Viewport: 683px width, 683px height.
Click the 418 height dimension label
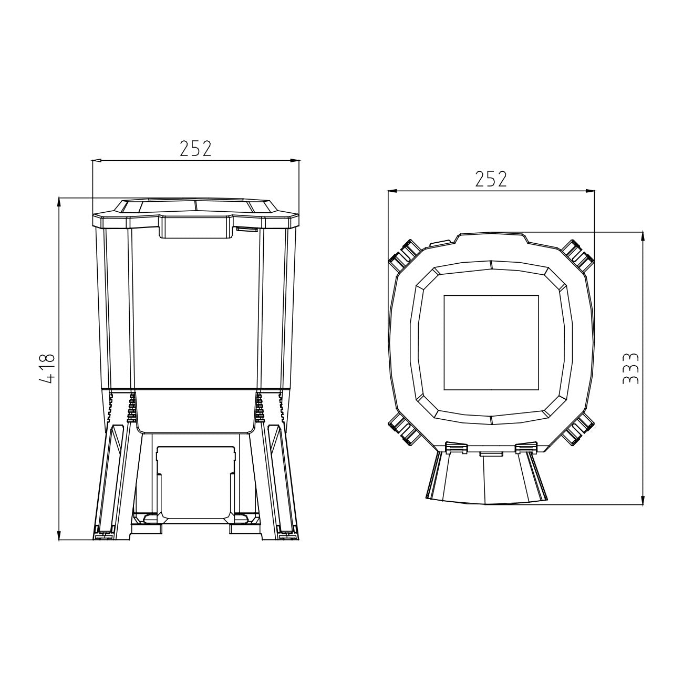pyautogui.click(x=47, y=369)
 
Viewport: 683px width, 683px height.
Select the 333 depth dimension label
pyautogui.click(x=630, y=368)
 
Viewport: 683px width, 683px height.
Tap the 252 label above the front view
pyautogui.click(x=195, y=149)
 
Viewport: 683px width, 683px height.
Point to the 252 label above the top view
pyautogui.click(x=491, y=179)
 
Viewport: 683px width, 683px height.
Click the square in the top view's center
pyautogui.click(x=491, y=343)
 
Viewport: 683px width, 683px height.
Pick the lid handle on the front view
pyautogui.click(x=196, y=227)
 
